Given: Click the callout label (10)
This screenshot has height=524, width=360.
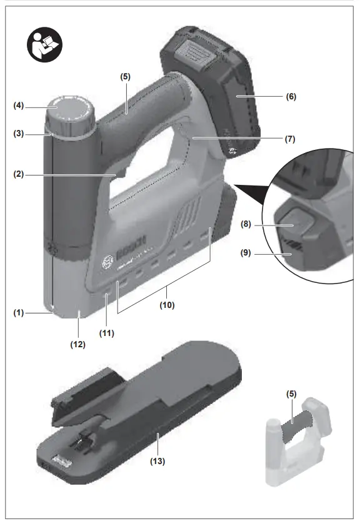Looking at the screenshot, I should tap(166, 306).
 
